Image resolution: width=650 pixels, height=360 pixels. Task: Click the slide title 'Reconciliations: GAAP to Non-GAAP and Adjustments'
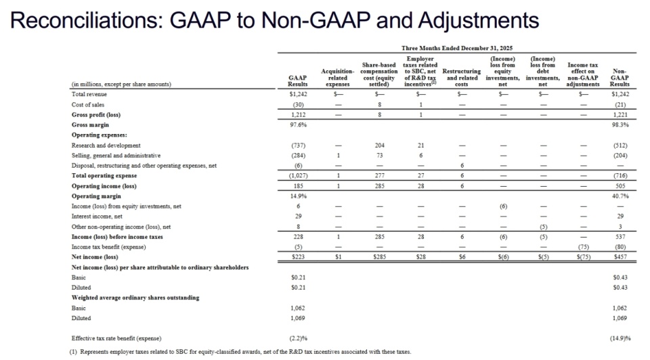(276, 20)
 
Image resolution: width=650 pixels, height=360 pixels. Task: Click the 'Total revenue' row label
(89, 95)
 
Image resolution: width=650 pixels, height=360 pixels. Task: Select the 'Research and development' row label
(106, 145)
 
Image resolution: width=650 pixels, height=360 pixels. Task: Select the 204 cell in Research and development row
(379, 145)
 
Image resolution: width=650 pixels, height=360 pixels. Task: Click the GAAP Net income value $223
(299, 257)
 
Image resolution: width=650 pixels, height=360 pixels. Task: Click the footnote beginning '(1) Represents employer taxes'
(240, 352)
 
